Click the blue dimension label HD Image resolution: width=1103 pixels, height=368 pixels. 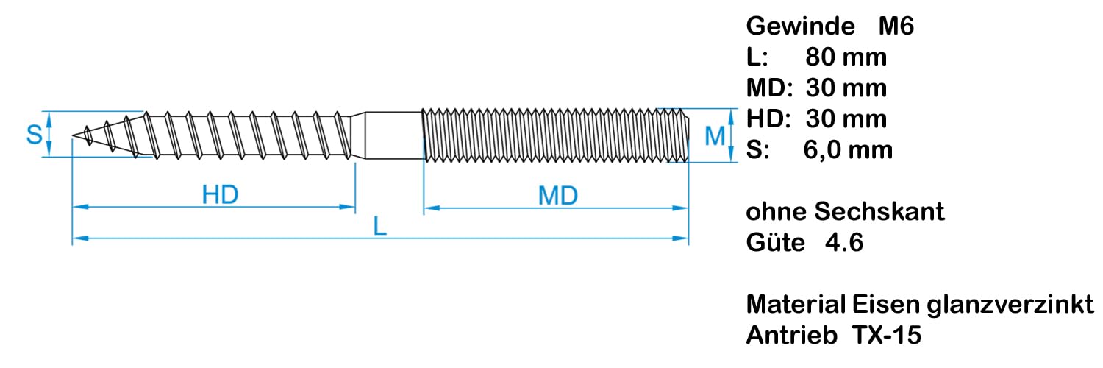[221, 195]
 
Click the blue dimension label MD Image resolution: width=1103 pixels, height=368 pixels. [557, 196]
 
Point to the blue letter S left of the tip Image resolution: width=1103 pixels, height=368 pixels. [34, 135]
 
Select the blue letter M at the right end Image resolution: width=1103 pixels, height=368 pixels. [715, 136]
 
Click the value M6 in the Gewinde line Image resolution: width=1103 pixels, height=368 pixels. [896, 27]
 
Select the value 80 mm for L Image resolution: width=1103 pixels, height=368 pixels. [846, 57]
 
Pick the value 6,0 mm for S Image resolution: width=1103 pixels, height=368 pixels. [848, 150]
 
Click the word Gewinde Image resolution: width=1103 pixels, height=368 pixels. [800, 27]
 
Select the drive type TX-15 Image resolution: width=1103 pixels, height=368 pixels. [887, 336]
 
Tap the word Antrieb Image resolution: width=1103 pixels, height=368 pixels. [791, 336]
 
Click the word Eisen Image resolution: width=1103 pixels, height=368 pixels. [878, 305]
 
